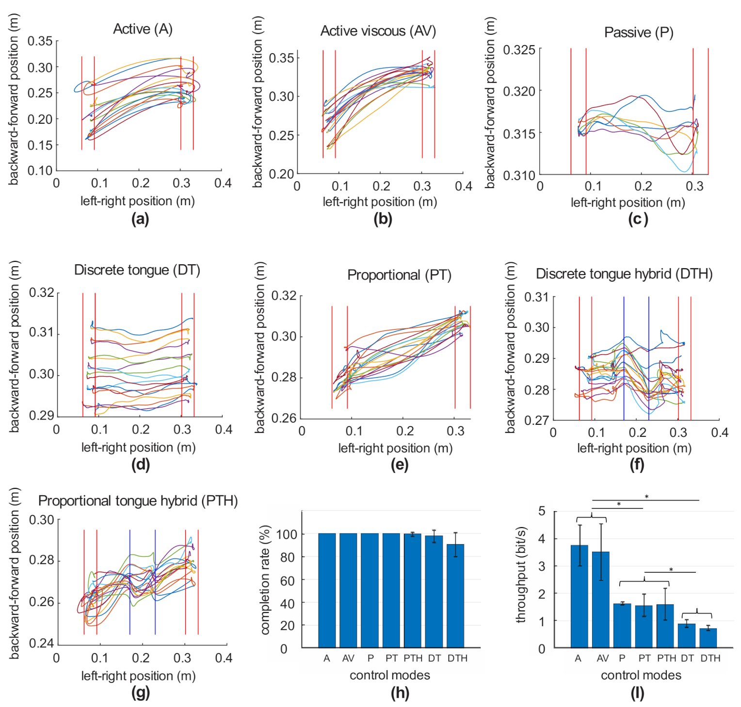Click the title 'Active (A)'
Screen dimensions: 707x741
click(x=143, y=29)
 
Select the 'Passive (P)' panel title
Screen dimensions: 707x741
click(x=638, y=32)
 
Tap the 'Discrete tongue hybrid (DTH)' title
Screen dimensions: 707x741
click(x=624, y=274)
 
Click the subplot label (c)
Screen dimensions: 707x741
click(x=637, y=219)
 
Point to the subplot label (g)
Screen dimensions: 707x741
click(x=141, y=692)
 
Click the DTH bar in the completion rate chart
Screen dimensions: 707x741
click(x=455, y=596)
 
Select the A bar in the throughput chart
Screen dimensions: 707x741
click(x=579, y=596)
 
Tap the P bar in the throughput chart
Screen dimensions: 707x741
click(x=622, y=626)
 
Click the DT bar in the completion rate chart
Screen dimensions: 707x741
click(x=434, y=592)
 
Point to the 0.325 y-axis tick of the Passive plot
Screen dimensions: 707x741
click(x=519, y=50)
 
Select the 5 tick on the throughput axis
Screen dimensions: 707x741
click(x=542, y=511)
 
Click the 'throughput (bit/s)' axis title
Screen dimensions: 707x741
click(x=521, y=575)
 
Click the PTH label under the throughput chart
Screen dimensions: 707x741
click(x=666, y=659)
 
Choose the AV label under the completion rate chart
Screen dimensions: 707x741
click(x=348, y=659)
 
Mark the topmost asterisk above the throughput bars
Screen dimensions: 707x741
click(x=646, y=497)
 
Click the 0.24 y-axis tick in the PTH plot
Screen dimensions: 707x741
click(x=41, y=643)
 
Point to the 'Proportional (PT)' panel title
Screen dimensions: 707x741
click(x=399, y=275)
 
